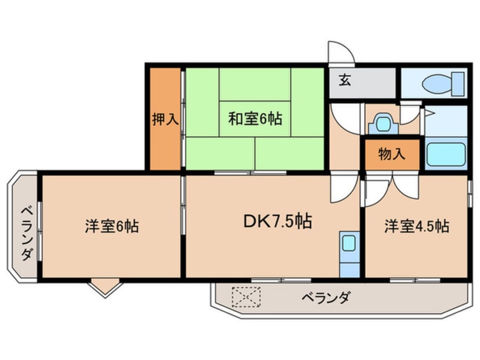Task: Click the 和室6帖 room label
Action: coord(255,120)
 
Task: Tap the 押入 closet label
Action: coord(165,120)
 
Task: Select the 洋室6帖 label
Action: coord(112,227)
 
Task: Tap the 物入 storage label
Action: coord(392,154)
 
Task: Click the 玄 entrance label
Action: coord(344,80)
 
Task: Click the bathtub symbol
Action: coord(445,154)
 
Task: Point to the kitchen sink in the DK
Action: coord(349,243)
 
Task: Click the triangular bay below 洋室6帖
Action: coord(106,287)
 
